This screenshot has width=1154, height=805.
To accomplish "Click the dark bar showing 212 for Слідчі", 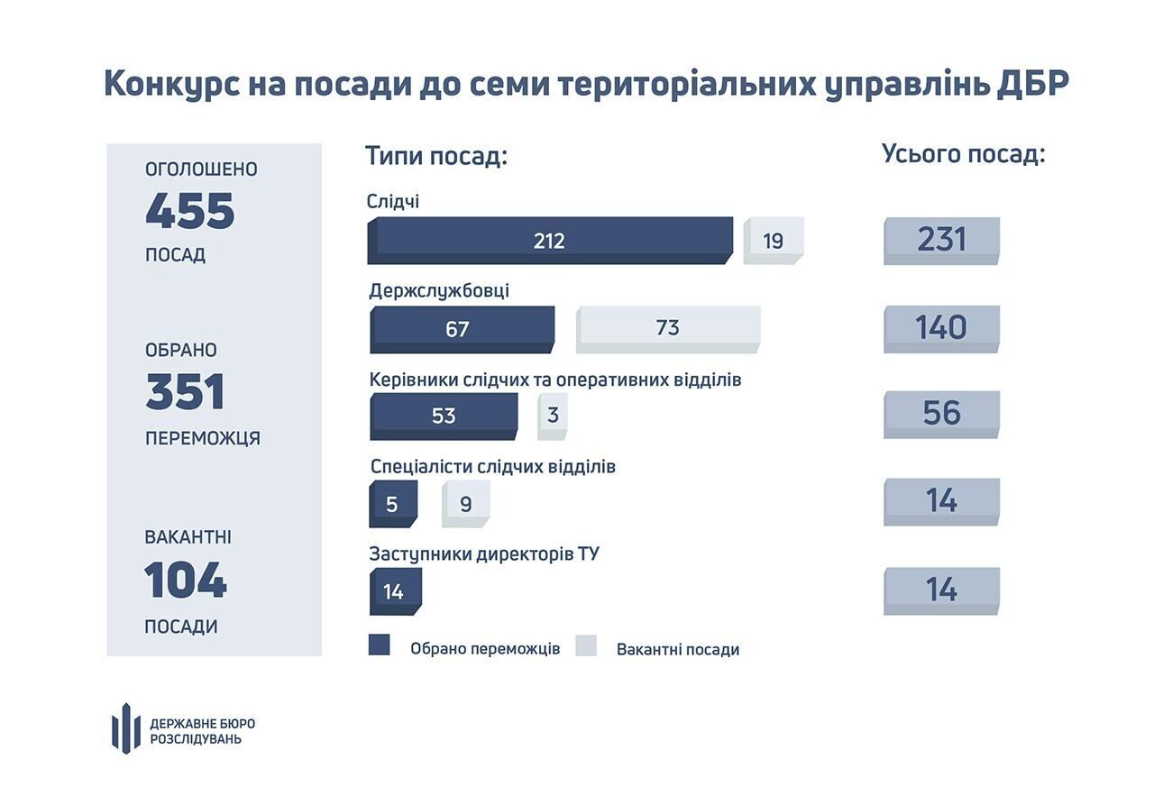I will click(x=550, y=241).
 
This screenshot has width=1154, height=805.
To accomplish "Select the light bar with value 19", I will click(x=773, y=241).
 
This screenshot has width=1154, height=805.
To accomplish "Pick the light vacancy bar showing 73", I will click(x=668, y=328).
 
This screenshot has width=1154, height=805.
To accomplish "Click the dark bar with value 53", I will click(x=444, y=416).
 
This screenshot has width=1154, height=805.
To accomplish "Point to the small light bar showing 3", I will click(x=553, y=416).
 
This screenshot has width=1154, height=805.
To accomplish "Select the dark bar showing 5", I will click(x=393, y=503).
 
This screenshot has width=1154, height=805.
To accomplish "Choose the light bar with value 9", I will click(x=465, y=503).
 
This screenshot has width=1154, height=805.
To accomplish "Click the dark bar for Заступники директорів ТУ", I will click(x=394, y=591).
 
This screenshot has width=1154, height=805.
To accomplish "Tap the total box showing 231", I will click(x=941, y=240).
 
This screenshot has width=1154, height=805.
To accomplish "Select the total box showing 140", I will click(x=941, y=328).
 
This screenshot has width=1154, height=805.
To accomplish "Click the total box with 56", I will click(x=941, y=414).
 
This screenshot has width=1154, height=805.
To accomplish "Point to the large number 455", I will click(x=190, y=212).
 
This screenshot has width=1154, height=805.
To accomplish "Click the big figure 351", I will click(x=185, y=393).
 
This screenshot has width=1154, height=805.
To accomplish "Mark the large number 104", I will click(x=186, y=580).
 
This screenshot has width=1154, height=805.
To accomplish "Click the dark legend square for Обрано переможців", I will click(x=380, y=645).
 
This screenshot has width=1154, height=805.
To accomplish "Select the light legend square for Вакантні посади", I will click(x=586, y=645).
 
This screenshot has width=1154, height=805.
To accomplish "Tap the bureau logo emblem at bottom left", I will click(x=126, y=727).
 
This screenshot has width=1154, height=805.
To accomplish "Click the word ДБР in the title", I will click(x=1031, y=83).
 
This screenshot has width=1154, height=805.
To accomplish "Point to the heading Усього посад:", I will click(x=963, y=154).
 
